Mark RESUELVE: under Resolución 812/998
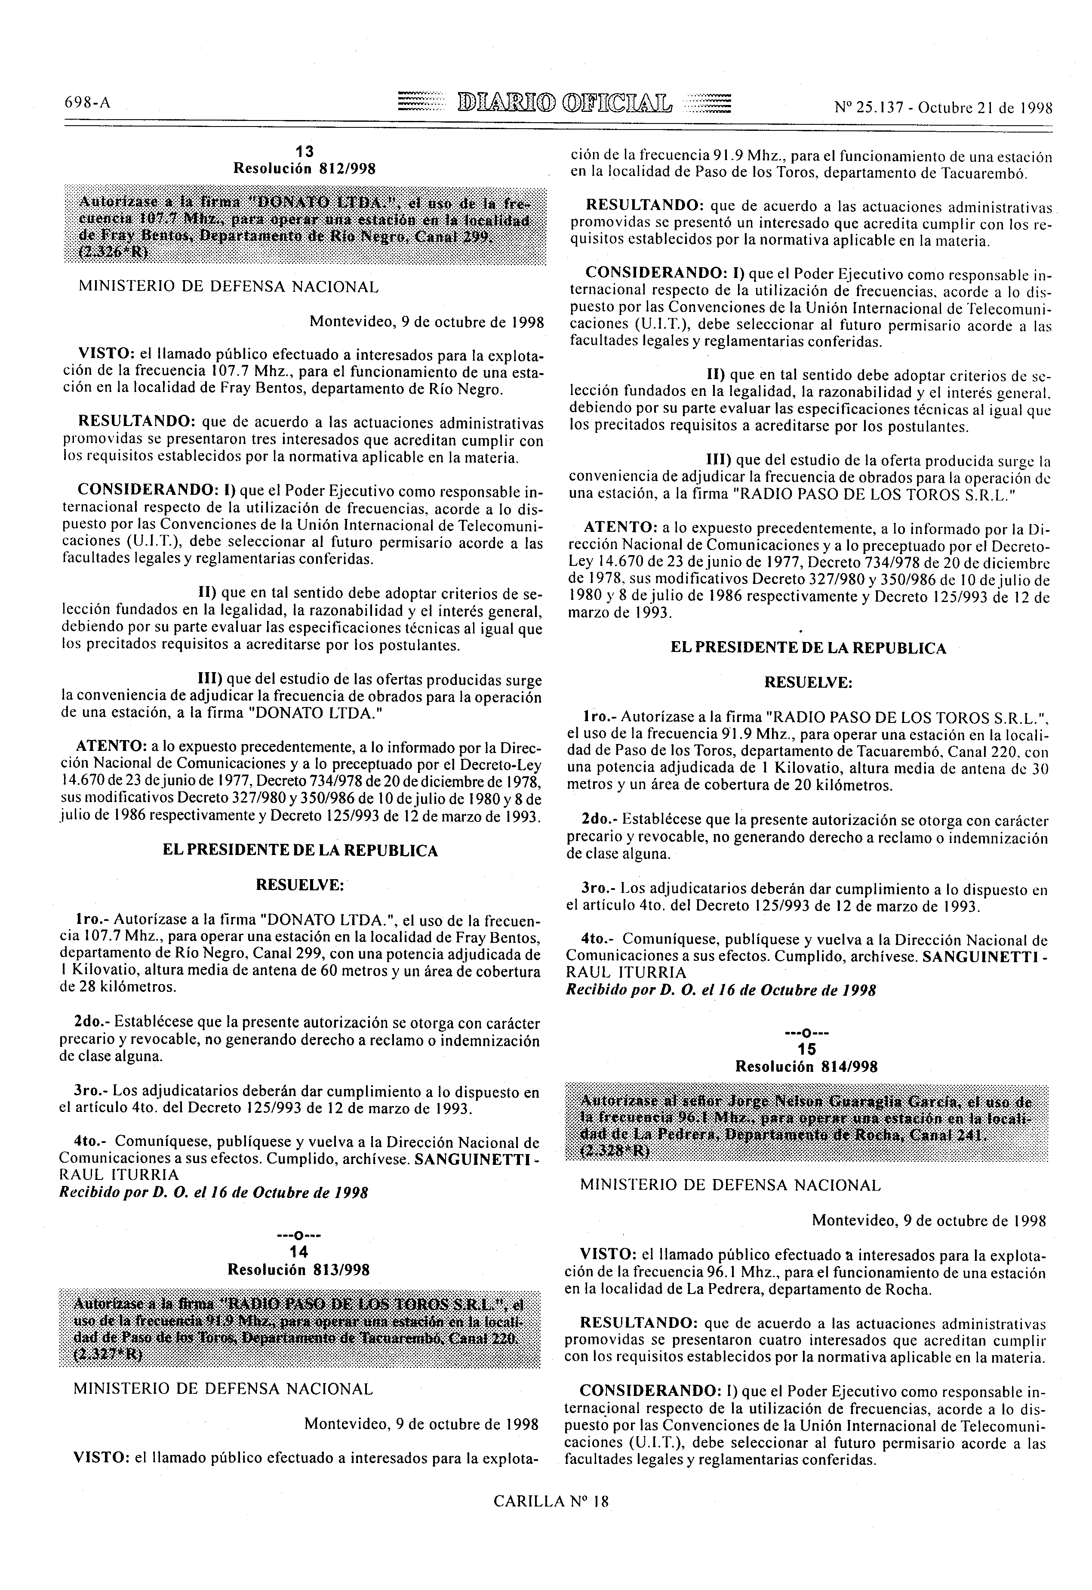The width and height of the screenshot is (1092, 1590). pyautogui.click(x=299, y=885)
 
